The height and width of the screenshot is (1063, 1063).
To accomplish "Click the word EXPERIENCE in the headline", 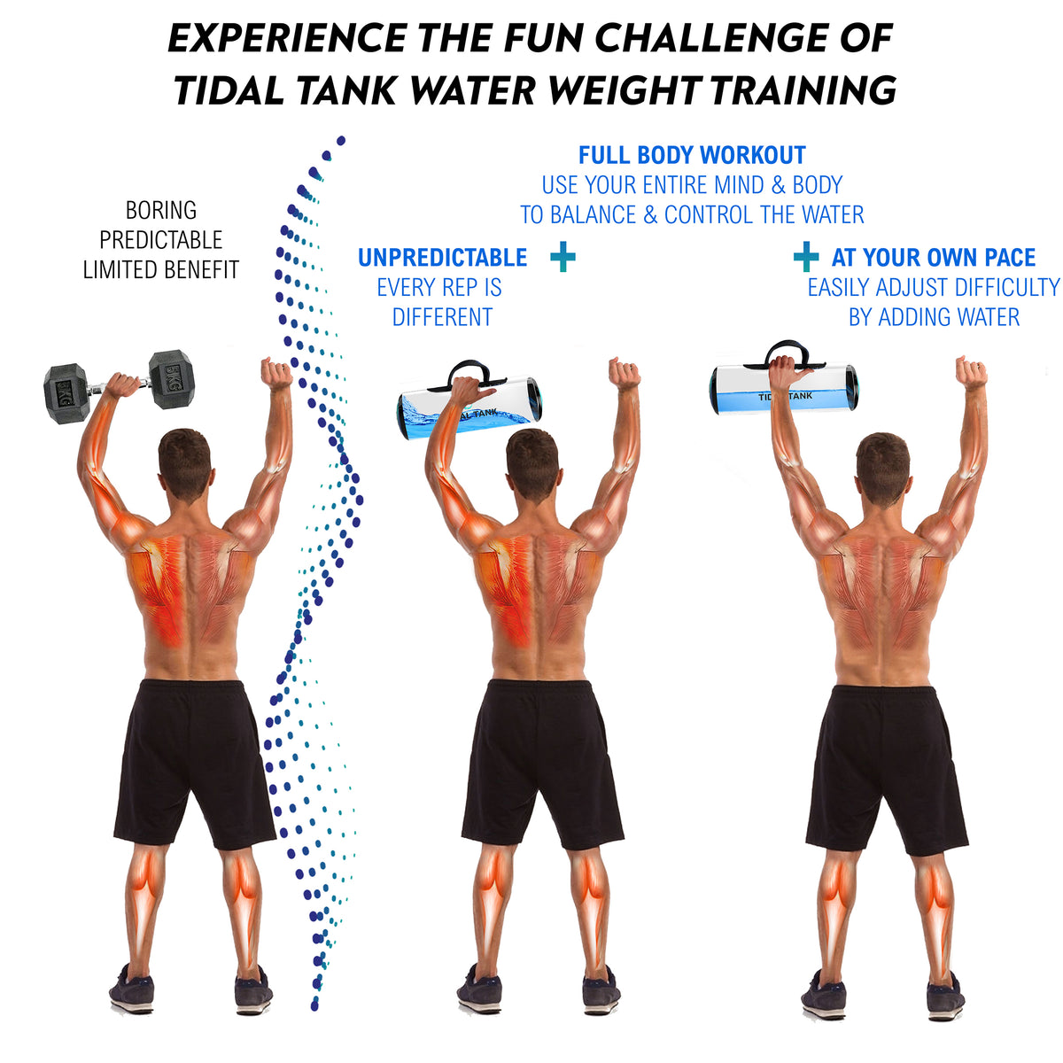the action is tap(287, 39).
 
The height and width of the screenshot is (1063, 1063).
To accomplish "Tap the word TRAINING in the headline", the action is tap(803, 90).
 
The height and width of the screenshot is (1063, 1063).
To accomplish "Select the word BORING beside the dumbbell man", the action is tap(160, 210).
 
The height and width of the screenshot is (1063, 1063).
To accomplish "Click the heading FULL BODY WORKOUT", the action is tap(692, 155).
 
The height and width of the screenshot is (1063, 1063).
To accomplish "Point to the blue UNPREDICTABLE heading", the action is tap(442, 258).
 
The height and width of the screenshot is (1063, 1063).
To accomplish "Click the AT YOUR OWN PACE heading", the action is tap(934, 258).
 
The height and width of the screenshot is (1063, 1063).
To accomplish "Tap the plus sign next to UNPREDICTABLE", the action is tap(563, 257).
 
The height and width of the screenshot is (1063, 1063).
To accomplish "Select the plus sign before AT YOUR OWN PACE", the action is tap(806, 257).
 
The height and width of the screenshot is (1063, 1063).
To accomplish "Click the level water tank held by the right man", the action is tap(784, 386).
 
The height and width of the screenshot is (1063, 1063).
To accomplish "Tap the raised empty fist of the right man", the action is tap(972, 373).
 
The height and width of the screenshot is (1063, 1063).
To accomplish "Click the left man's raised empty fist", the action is tap(277, 374).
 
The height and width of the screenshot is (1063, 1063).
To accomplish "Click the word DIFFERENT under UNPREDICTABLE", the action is tap(442, 317).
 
